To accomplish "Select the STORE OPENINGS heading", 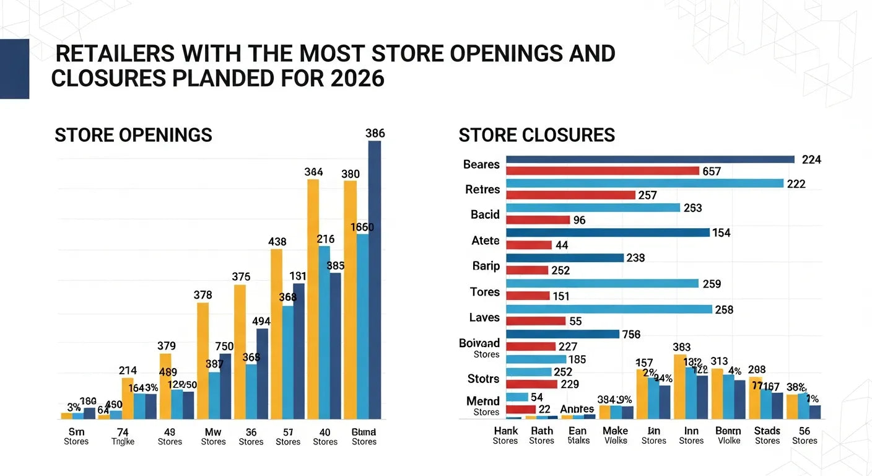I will coord(133,135).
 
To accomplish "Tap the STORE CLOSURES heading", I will coord(536,135).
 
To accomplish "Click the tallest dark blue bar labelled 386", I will coord(375,279).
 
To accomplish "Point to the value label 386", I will coord(375,133).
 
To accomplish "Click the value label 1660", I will coord(362,227).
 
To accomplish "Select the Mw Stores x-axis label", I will coord(213,436).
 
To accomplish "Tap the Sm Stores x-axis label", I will coord(76,436).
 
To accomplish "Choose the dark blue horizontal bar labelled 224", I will coord(650,159).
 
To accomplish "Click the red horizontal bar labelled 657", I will coord(602,171).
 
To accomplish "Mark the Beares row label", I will coord(481,164).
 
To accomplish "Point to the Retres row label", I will coord(482,190).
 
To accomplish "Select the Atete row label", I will coord(485,240).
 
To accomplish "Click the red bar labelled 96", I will coord(538,220).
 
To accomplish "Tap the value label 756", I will coord(630,334).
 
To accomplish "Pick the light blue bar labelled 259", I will coord(602,283).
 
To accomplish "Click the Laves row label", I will coord(484,317).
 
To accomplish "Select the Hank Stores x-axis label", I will coord(505,436).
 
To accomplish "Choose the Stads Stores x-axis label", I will coord(767,436).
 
